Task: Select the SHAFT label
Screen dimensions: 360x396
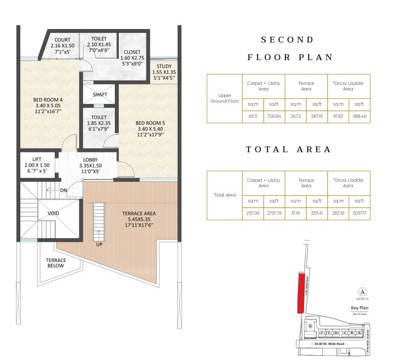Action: pos(100,95)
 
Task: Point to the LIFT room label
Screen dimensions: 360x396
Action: pos(37,159)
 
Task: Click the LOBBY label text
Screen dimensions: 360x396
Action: pos(90,159)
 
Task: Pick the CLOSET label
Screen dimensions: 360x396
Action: pos(133,52)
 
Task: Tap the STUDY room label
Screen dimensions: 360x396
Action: pos(164,66)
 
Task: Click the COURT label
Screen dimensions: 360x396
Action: pos(62,39)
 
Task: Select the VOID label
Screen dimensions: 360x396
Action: pos(53,213)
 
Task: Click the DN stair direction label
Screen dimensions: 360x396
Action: pos(63,190)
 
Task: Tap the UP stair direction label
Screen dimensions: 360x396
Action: pos(99,244)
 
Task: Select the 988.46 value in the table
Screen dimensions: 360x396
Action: pos(359,115)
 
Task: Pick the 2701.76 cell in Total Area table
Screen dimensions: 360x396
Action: pos(274,212)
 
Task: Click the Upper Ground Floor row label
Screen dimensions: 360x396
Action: pos(224,98)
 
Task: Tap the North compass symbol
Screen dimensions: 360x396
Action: pos(362,291)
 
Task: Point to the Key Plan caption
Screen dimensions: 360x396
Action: pos(360,308)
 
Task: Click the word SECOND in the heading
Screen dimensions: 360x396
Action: pos(287,40)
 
